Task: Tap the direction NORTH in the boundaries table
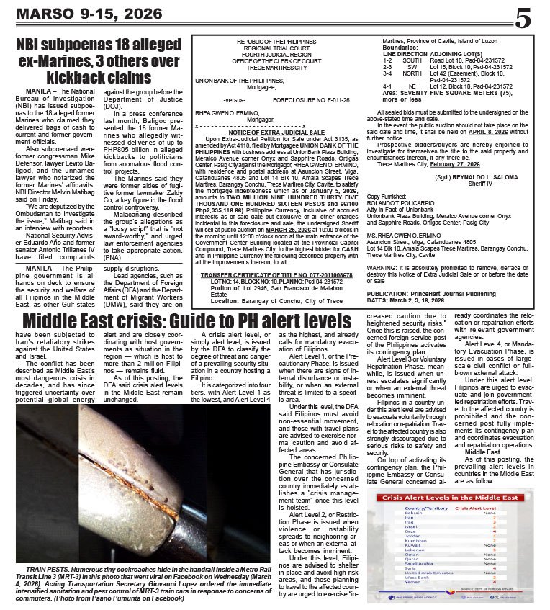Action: point(412,73)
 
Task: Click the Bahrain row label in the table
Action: point(413,513)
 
